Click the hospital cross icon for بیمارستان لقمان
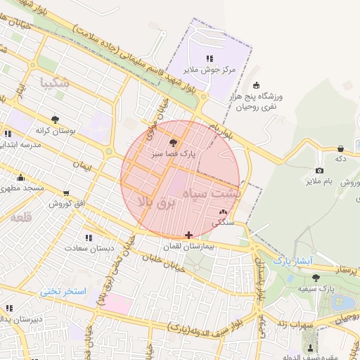coord(188,235)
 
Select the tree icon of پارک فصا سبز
coord(174,142)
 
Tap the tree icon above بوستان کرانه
coord(56,119)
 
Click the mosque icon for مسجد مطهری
coord(20,177)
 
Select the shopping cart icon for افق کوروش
coord(66,193)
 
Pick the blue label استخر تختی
coord(62,290)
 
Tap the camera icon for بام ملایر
coord(319,170)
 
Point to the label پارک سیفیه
coord(316,288)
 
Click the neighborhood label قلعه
coord(22,217)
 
